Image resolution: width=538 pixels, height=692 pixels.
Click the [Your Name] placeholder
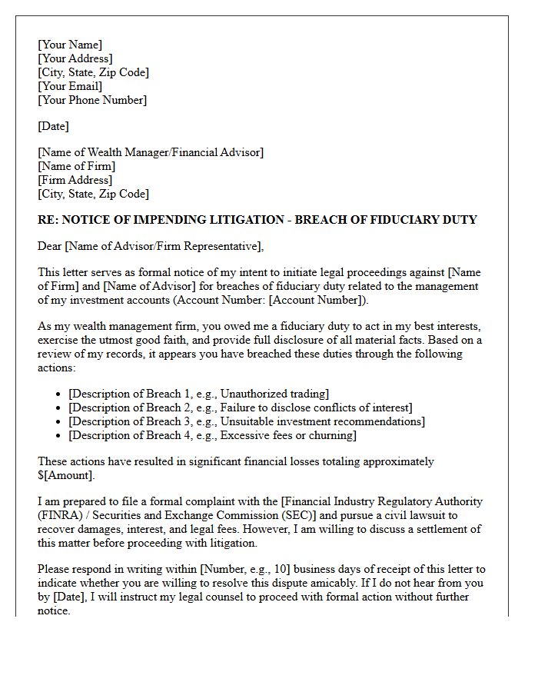coord(70,45)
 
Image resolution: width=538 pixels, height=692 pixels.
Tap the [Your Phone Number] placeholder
coord(92,100)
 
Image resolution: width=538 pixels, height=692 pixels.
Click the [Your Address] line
coord(75,58)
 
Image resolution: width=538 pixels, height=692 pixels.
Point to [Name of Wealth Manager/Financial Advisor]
coord(151,152)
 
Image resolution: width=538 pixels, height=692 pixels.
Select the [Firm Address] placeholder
coord(75,180)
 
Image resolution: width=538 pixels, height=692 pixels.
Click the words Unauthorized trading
coord(274,394)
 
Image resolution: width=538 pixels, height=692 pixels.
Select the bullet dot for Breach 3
coord(59,422)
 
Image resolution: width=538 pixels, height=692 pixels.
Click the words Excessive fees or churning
coord(287,435)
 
